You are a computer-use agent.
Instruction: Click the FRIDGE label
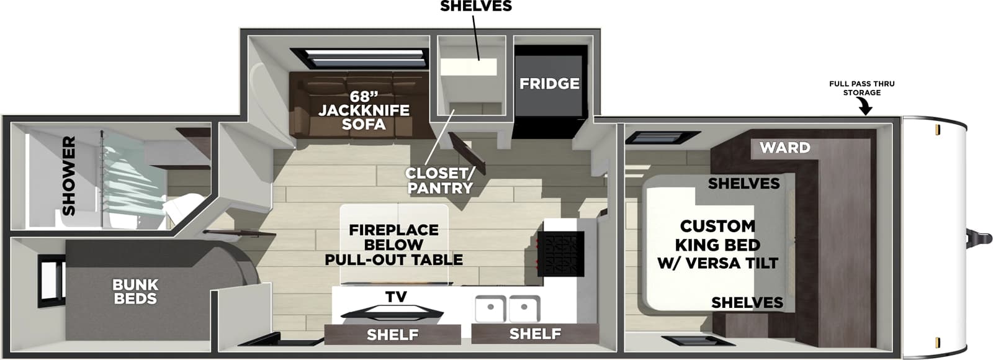tap(549, 83)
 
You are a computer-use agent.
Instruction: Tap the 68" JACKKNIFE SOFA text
tap(364, 110)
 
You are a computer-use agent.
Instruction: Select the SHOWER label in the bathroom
tap(68, 176)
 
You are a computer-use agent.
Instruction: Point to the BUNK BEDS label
tap(135, 292)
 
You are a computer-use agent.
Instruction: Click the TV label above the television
tap(395, 297)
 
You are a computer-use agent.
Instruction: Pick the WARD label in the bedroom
tap(784, 148)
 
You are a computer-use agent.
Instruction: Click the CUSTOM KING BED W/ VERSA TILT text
tap(717, 245)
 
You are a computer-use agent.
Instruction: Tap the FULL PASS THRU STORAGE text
tap(861, 88)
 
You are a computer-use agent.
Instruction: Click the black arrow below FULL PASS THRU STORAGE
tap(865, 108)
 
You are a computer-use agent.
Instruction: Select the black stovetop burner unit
tap(560, 254)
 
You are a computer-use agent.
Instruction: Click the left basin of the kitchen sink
tap(491, 308)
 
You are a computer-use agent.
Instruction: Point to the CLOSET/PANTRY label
tap(439, 180)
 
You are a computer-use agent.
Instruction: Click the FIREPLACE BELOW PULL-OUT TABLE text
tap(393, 245)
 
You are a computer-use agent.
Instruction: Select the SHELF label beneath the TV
tap(392, 335)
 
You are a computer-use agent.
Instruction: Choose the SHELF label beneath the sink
tap(535, 334)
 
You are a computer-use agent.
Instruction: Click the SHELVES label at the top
tap(475, 6)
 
